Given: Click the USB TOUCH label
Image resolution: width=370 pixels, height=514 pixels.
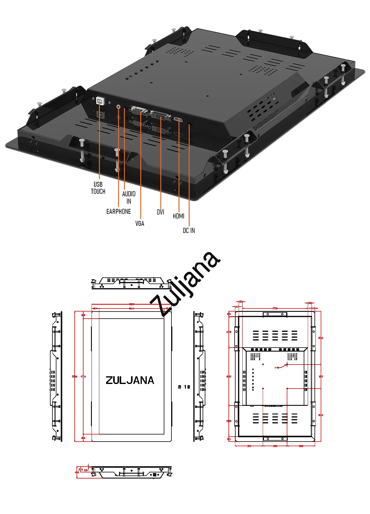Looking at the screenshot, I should [98, 188].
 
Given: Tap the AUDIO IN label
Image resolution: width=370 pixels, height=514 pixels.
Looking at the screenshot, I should [129, 197].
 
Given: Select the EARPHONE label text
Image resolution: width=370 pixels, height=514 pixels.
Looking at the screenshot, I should [118, 211].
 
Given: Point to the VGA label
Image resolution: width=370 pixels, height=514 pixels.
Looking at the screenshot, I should [140, 223].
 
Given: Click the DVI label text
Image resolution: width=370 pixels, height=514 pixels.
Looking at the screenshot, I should [160, 212].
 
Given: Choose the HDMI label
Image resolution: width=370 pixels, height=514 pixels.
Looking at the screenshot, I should [179, 216].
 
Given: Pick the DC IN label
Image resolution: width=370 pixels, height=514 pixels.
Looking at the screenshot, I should [189, 230].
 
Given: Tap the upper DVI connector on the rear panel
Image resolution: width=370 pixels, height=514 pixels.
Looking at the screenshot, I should [161, 116].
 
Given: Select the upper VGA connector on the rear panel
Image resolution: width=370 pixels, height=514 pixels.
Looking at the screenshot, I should [138, 110].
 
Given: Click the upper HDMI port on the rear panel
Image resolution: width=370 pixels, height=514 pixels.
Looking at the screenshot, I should [178, 120].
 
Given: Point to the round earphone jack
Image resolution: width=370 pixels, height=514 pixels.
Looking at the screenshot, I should [119, 107].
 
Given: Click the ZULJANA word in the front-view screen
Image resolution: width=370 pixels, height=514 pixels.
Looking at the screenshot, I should [130, 380].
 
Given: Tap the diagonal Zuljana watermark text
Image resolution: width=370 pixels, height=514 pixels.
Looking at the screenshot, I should [185, 284].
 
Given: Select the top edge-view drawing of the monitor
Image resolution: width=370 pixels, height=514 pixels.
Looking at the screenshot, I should [132, 283].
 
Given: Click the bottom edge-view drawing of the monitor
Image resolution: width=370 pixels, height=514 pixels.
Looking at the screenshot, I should [132, 472].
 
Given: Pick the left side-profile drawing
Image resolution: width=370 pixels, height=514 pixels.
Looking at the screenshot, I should [56, 376].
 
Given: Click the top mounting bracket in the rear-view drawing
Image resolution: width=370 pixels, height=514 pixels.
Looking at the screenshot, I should [275, 314].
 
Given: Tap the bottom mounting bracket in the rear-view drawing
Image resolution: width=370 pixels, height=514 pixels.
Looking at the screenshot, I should [275, 438].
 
